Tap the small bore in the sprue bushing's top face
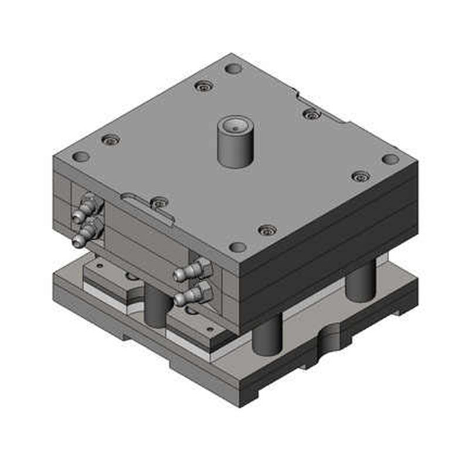click(235, 125)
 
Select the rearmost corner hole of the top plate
click(233, 69)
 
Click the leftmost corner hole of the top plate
click(81, 157)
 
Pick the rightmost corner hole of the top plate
click(390, 159)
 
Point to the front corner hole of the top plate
click(237, 247)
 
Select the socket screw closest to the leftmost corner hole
click(110, 140)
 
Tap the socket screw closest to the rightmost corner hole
click(361, 176)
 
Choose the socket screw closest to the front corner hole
click(267, 230)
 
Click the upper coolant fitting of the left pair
click(88, 208)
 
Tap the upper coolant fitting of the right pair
click(191, 270)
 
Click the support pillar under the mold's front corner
click(267, 335)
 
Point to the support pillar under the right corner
click(360, 280)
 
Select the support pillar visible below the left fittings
click(156, 306)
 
